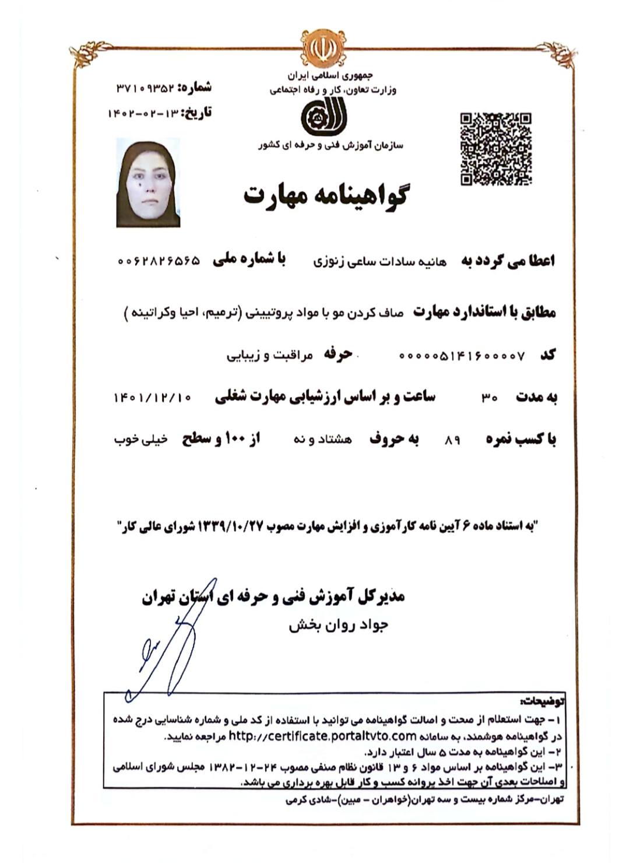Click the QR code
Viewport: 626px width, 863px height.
[495, 149]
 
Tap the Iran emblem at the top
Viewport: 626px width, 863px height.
[319, 48]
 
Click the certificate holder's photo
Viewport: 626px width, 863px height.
[148, 183]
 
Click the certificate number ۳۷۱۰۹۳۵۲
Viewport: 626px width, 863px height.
[145, 88]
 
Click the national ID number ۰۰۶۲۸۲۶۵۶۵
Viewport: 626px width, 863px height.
[158, 261]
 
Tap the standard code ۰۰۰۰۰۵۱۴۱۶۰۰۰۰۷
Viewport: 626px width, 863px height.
[462, 355]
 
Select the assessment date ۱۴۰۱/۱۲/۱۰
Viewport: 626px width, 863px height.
[152, 398]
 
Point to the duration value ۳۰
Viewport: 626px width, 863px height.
[488, 398]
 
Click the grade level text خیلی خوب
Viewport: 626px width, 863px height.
[140, 439]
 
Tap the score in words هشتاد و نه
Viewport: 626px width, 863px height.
[322, 439]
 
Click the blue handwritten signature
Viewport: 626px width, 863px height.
[166, 647]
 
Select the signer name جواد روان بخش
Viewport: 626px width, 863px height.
[338, 625]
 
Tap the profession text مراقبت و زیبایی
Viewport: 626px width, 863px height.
[269, 355]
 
